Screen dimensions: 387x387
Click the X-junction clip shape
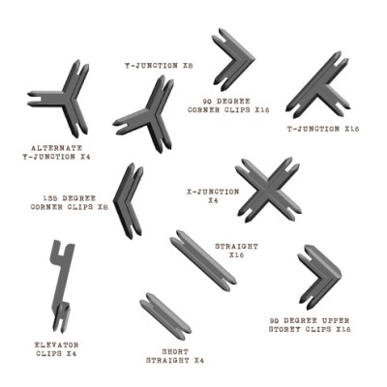pyautogui.click(x=268, y=191)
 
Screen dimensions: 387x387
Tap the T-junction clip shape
pyautogui.click(x=319, y=85)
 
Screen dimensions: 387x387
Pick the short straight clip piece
pyautogui.click(x=165, y=316)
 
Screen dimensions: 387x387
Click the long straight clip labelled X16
pyautogui.click(x=203, y=260)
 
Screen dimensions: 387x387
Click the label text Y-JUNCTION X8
pyautogui.click(x=159, y=66)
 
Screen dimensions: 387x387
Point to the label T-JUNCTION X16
pyautogui.click(x=323, y=129)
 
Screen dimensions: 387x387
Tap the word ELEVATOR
pyautogui.click(x=57, y=344)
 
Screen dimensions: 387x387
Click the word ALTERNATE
pyautogui.click(x=57, y=148)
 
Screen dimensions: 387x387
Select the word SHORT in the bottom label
pyautogui.click(x=175, y=352)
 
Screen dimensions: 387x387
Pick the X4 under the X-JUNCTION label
pyautogui.click(x=213, y=200)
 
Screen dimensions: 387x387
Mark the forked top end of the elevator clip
pyautogui.click(x=62, y=248)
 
